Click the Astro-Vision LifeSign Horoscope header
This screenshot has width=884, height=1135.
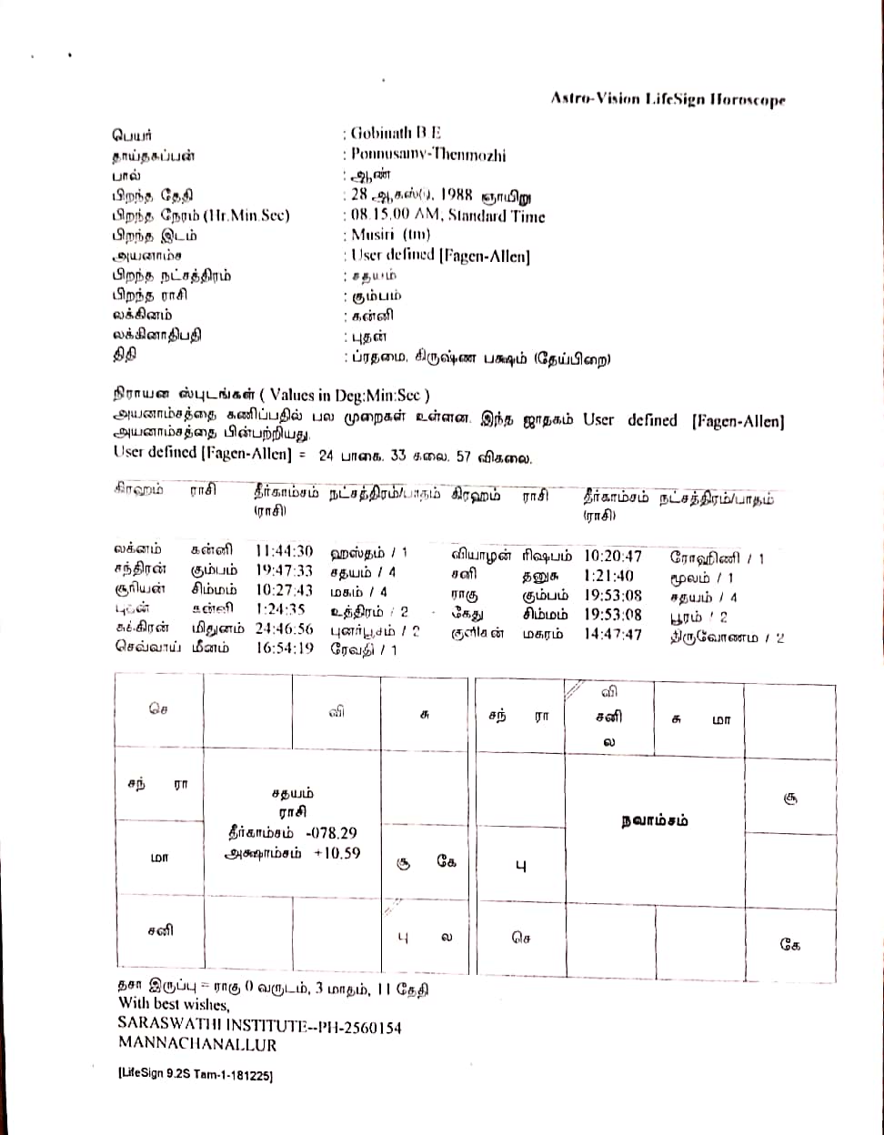668,100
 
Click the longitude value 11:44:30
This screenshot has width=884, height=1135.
284,551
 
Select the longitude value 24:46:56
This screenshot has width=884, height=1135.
284,628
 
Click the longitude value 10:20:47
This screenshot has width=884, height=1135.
612,556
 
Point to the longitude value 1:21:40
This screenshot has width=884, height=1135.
609,576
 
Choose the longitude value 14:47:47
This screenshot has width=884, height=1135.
612,634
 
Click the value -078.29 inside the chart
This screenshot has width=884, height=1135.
332,833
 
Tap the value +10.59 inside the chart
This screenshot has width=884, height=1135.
337,853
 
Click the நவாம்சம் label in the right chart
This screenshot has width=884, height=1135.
654,820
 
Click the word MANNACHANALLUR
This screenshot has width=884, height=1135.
197,1044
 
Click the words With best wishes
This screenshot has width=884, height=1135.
174,1005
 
